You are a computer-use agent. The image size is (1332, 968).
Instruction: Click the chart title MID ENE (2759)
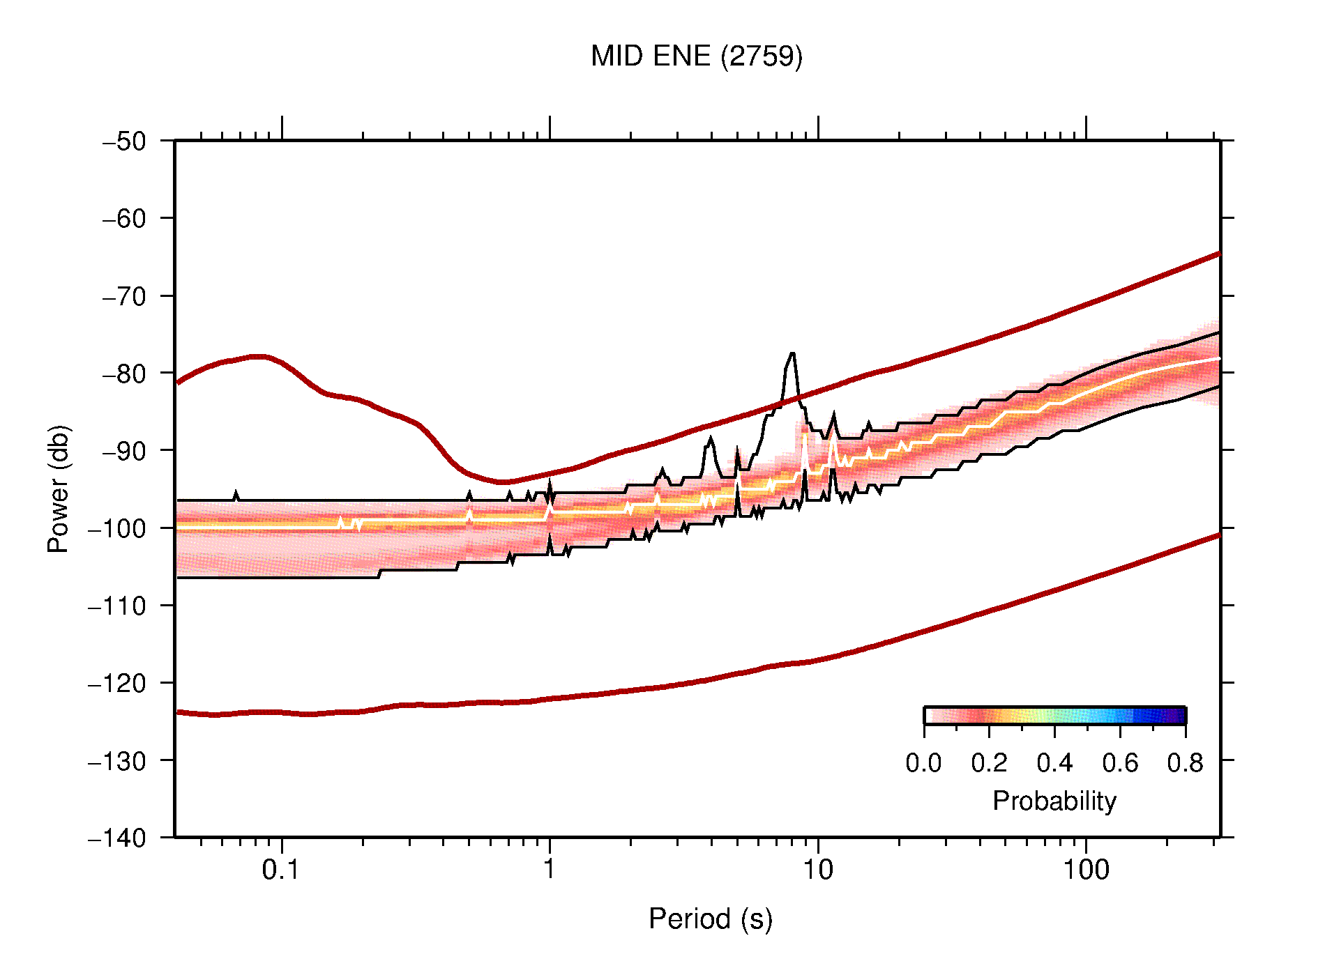[x=696, y=56]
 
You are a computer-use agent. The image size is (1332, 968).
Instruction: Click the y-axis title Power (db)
[x=59, y=489]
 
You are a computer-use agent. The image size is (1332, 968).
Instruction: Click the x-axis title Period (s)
[x=710, y=919]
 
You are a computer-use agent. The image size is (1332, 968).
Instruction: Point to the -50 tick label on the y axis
[x=124, y=141]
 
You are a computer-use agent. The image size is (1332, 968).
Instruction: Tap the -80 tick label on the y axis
[x=124, y=374]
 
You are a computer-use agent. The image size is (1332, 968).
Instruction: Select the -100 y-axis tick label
[x=117, y=528]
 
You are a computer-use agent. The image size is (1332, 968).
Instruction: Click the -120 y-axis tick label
[x=117, y=683]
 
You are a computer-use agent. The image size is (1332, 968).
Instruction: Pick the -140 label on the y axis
[x=117, y=838]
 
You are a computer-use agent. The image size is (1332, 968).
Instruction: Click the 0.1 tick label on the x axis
[x=281, y=870]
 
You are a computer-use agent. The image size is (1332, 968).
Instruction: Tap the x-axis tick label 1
[x=550, y=870]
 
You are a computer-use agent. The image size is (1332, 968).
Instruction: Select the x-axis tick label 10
[x=817, y=870]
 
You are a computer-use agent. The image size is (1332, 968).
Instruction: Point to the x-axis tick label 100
[x=1086, y=870]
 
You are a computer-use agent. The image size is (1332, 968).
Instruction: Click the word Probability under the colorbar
[x=1054, y=801]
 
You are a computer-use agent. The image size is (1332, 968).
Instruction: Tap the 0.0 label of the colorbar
[x=923, y=764]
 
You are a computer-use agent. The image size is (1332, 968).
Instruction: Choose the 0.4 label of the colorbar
[x=1054, y=764]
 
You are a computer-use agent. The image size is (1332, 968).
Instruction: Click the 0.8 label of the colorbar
[x=1185, y=764]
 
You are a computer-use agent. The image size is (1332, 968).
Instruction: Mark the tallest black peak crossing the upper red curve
[x=792, y=355]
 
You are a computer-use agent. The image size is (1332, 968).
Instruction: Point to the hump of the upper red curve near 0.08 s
[x=258, y=356]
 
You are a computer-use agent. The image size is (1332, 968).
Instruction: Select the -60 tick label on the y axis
[x=124, y=219]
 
